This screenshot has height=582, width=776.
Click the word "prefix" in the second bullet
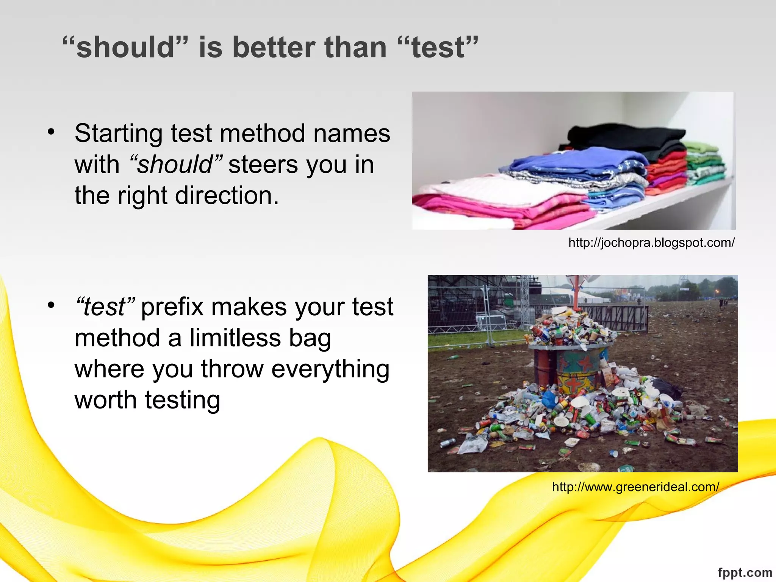(172, 307)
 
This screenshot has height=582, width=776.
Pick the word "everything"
(330, 369)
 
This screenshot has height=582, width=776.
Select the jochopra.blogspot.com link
(651, 242)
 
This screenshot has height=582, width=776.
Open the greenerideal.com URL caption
(635, 487)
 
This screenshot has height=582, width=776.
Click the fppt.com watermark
(745, 573)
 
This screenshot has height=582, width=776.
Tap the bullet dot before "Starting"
(51, 133)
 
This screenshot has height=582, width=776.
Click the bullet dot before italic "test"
(51, 305)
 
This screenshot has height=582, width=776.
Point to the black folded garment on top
(625, 138)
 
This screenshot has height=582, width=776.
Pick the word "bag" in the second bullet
(310, 338)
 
